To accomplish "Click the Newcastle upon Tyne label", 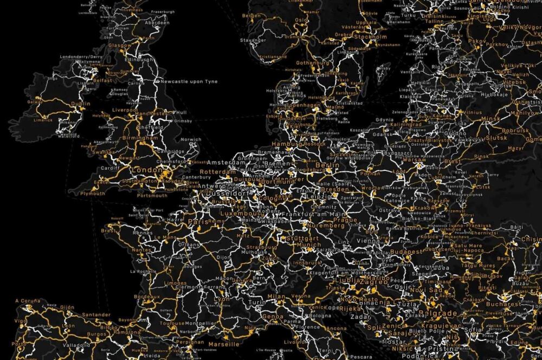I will click(189, 81).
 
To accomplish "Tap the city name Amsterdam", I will click(223, 163).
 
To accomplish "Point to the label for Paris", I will click(198, 222).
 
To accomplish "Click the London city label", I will click(144, 170).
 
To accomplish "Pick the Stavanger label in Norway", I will click(254, 40).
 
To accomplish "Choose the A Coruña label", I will click(28, 300).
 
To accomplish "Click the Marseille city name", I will click(223, 344).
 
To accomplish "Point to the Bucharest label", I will click(504, 304).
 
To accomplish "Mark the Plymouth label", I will click(92, 193).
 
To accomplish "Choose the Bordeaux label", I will click(146, 297).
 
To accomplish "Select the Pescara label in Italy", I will click(360, 356).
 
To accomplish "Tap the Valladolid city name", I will click(76, 344).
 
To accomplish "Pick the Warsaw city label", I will click(415, 160).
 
